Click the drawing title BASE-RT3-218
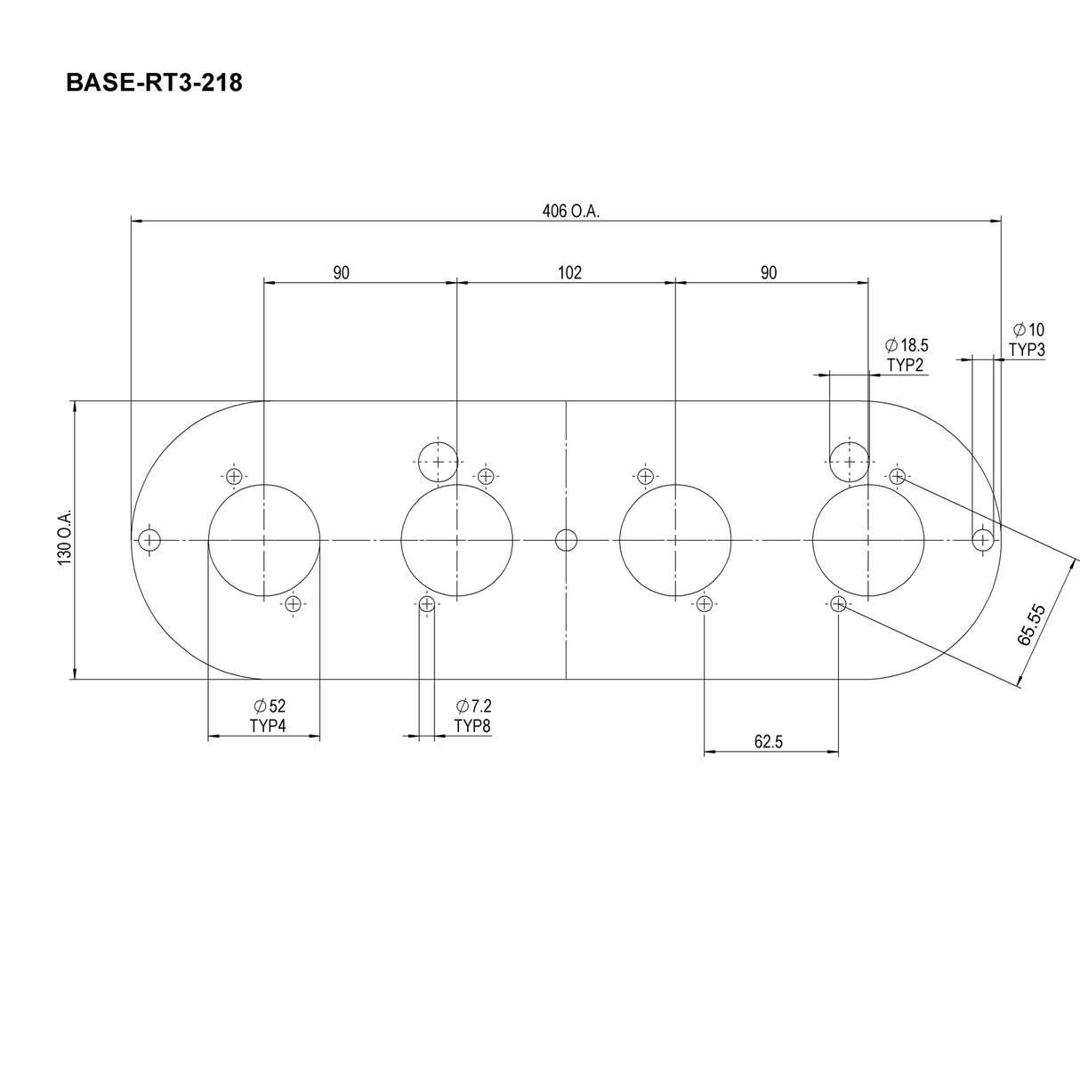154,84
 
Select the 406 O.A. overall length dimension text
570,212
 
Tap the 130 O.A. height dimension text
64,540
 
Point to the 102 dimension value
569,273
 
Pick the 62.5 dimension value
768,742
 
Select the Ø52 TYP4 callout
268,715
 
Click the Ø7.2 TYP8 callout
472,715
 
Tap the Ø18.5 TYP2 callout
906,355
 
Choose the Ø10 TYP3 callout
1028,340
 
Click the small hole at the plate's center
566,540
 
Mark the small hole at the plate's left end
149,540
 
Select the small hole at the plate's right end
982,540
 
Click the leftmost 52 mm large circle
263,540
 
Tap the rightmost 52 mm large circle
867,540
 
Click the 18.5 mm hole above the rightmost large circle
849,462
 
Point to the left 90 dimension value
342,273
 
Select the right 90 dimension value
769,273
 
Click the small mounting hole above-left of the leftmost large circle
234,476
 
